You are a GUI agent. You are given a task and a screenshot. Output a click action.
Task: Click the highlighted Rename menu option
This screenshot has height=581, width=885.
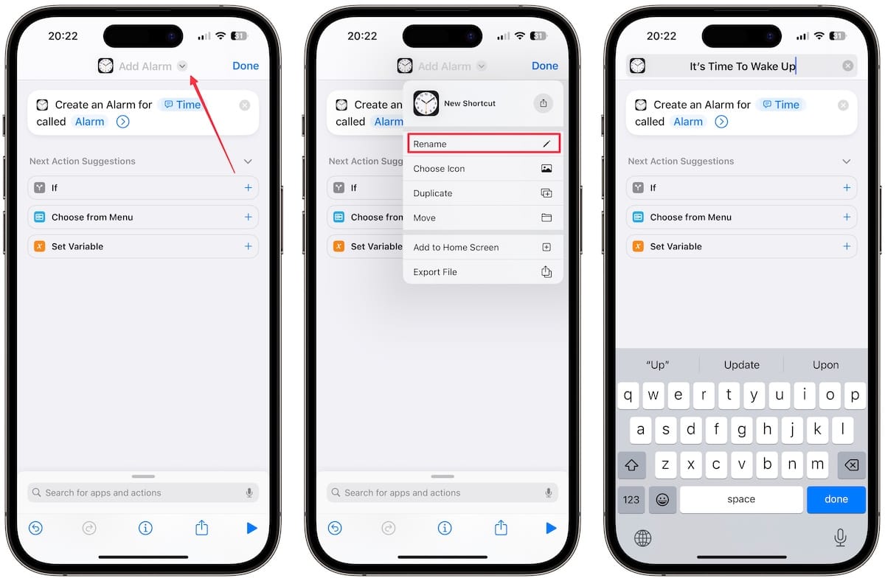pyautogui.click(x=483, y=144)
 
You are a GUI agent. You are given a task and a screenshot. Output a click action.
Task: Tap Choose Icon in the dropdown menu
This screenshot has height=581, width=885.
pyautogui.click(x=483, y=169)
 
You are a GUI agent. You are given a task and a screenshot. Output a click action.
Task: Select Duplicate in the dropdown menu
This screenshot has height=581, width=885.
pyautogui.click(x=483, y=193)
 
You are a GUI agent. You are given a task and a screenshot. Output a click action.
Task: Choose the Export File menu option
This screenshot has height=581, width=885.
pyautogui.click(x=483, y=272)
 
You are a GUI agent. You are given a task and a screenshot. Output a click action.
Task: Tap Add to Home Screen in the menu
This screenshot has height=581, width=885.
pyautogui.click(x=483, y=248)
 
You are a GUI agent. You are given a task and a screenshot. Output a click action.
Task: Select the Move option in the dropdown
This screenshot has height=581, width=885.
pyautogui.click(x=483, y=218)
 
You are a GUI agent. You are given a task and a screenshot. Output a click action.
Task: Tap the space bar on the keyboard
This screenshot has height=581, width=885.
pyautogui.click(x=741, y=499)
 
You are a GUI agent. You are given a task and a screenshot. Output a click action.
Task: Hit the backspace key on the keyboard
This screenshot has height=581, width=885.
pyautogui.click(x=850, y=465)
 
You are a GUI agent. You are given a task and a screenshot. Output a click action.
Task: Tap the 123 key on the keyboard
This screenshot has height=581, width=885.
pyautogui.click(x=631, y=499)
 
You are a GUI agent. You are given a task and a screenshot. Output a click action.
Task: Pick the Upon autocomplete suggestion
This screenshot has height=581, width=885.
pyautogui.click(x=825, y=365)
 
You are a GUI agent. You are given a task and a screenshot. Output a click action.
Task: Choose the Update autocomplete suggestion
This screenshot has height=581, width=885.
pyautogui.click(x=741, y=365)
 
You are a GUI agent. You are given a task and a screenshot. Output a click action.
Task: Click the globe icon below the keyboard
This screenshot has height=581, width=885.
pyautogui.click(x=643, y=538)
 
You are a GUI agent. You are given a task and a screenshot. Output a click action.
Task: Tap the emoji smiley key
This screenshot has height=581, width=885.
pyautogui.click(x=663, y=499)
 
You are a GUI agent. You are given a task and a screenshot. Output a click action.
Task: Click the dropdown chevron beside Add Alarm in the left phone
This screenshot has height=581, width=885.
pyautogui.click(x=183, y=66)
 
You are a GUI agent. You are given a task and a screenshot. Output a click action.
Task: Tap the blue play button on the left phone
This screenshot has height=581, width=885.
pyautogui.click(x=251, y=528)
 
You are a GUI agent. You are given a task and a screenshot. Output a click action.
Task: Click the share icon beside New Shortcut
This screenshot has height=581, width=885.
pyautogui.click(x=544, y=103)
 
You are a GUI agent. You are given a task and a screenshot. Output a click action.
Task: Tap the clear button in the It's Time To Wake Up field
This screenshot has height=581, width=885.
pyautogui.click(x=848, y=66)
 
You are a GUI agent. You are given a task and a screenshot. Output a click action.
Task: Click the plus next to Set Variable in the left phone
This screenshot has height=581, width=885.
pyautogui.click(x=248, y=246)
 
